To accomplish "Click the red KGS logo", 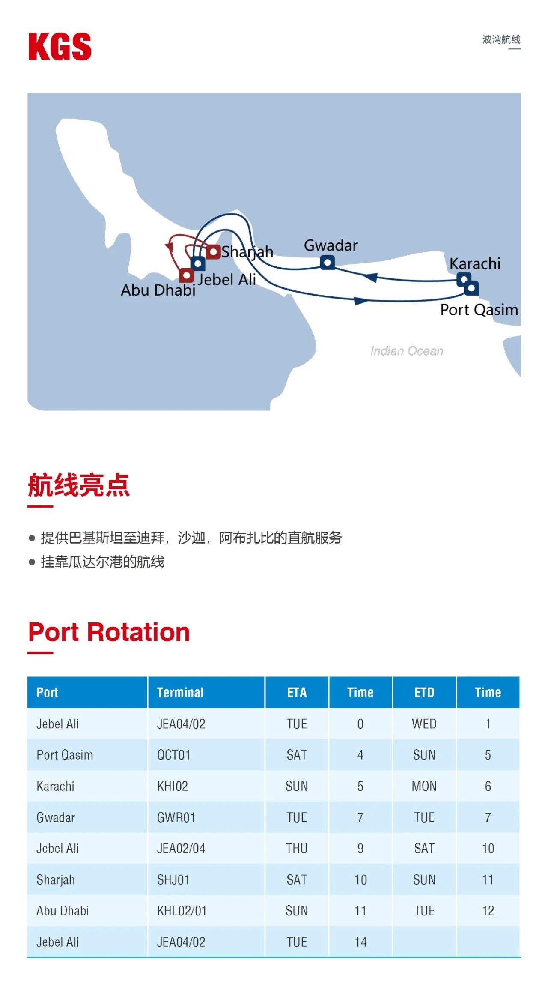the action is point(60,47).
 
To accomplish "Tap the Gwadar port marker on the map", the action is point(328,262).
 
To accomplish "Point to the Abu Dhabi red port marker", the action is point(186,275).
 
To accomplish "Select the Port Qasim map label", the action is point(479,310).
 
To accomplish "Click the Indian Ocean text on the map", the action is point(407,351).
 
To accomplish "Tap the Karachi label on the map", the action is point(475,263).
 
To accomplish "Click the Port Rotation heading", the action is point(109,632).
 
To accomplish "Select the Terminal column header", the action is point(180,692).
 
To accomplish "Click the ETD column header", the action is point(424,692).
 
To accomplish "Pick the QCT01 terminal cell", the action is point(173,755).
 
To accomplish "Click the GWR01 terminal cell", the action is point(176,817).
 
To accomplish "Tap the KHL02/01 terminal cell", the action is point(182,911).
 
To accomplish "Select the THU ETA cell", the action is point(297,849).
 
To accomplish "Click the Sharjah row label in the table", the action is point(56,880).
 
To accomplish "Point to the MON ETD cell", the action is point(424,786).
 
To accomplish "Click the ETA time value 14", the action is point(360,942).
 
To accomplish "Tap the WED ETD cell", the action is point(424,724).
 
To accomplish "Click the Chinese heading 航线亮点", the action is point(79,485).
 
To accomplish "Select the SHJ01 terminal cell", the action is point(173,880).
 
